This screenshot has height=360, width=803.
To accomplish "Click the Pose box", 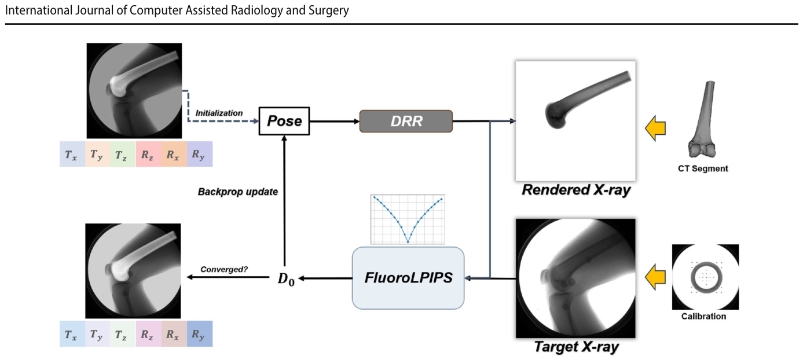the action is (x=284, y=121).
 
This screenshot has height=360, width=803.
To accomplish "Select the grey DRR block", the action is (x=406, y=121).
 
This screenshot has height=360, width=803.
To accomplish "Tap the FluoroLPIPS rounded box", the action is (x=408, y=278).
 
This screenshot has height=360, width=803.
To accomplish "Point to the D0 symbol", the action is (x=286, y=279).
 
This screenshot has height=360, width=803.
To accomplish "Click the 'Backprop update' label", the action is (x=238, y=192).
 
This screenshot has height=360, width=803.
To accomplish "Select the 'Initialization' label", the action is (x=219, y=113).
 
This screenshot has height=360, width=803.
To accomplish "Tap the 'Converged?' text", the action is (x=224, y=269).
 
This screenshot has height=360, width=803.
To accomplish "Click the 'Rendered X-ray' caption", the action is (x=575, y=190).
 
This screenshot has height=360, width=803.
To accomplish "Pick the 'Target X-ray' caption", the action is (x=576, y=347).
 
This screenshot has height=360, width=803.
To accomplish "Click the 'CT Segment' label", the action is (x=703, y=169).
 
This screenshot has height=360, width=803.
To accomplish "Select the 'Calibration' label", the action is (x=703, y=316).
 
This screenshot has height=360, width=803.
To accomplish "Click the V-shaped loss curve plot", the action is (x=408, y=219).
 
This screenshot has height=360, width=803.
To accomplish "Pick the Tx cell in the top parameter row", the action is (x=72, y=154).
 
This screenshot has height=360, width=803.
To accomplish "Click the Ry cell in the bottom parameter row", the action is (x=200, y=334).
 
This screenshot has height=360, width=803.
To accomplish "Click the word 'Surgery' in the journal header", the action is (x=329, y=10).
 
